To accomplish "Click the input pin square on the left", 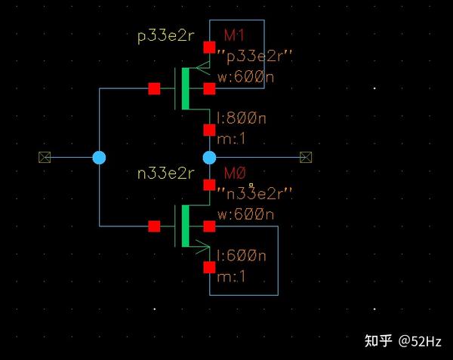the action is pos(45,157).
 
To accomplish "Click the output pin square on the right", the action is pos(306,157).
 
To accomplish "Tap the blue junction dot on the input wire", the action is pos(99,158).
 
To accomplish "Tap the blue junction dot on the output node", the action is pos(209,158).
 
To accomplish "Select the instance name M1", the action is pos(234,35).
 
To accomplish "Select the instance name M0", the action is pos(235,173).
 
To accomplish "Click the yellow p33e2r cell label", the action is pos(166,36).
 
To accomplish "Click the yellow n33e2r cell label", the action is pos(166,174).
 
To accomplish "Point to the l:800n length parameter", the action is pos(242,118).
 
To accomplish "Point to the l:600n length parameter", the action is pos(242,256).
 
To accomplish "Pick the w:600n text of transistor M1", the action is pos(245,77).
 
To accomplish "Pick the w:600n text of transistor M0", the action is pos(245,214).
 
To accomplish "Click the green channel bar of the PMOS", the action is pos(186,88).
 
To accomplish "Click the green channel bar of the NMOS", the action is pos(186,226).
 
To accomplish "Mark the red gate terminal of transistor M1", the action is pos(154,88).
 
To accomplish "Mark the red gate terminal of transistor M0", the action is pos(154,226).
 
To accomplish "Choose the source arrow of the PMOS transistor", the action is pos(203,68).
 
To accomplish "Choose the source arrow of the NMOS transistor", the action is pos(203,247).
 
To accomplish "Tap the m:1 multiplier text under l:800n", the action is pos(231,139).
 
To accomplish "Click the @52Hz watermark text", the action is pos(420,342).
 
